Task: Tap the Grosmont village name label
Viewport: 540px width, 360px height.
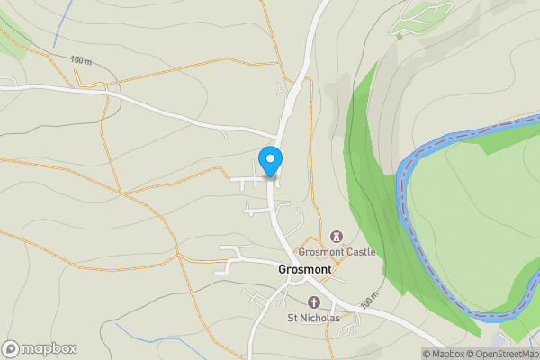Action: click(305, 269)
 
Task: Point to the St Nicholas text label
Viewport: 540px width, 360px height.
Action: click(313, 318)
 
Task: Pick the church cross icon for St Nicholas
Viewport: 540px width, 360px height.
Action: click(313, 302)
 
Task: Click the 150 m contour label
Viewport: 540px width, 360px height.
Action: click(82, 60)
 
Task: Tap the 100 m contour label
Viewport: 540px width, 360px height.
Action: click(367, 302)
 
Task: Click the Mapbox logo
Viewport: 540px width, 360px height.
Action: click(40, 348)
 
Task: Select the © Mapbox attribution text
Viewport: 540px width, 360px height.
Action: click(444, 353)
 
